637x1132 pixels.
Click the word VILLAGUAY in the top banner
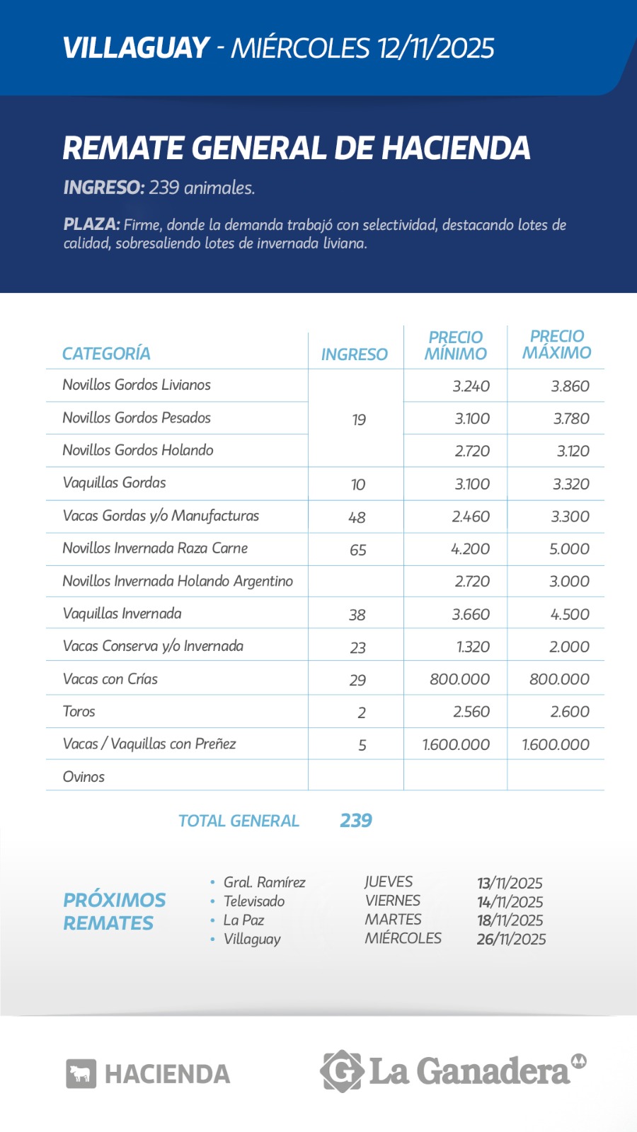click(136, 48)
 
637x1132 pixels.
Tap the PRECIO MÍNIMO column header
click(456, 345)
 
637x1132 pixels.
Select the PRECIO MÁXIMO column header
click(557, 345)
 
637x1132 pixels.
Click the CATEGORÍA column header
click(106, 354)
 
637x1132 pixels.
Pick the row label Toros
click(79, 712)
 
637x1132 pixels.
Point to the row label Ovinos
click(84, 777)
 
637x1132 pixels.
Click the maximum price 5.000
click(569, 549)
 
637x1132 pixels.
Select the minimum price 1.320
click(471, 647)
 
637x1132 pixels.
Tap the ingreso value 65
click(358, 550)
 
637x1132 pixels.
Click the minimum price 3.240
click(471, 386)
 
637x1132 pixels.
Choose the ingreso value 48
click(357, 517)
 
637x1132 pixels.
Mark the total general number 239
click(356, 821)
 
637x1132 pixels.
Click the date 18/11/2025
click(510, 920)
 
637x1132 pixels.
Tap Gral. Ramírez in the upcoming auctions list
click(264, 882)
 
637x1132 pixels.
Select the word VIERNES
click(393, 901)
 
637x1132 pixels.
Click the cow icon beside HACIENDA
click(81, 1074)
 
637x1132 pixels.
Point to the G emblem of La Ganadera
click(342, 1071)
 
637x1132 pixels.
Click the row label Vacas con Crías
click(110, 679)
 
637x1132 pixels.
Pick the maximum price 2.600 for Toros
click(570, 712)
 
